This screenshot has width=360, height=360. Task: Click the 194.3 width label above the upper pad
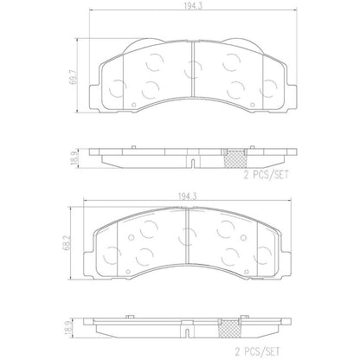[193, 6]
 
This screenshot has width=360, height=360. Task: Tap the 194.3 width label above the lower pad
[187, 196]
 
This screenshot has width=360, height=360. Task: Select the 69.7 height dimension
[74, 76]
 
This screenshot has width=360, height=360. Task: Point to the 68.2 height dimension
[68, 243]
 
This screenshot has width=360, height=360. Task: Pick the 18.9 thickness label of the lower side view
[68, 328]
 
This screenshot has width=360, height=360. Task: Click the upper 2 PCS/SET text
[266, 175]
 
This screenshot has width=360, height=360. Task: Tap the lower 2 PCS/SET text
[257, 351]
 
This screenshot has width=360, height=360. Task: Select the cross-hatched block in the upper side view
[235, 158]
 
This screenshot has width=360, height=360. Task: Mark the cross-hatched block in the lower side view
[229, 328]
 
